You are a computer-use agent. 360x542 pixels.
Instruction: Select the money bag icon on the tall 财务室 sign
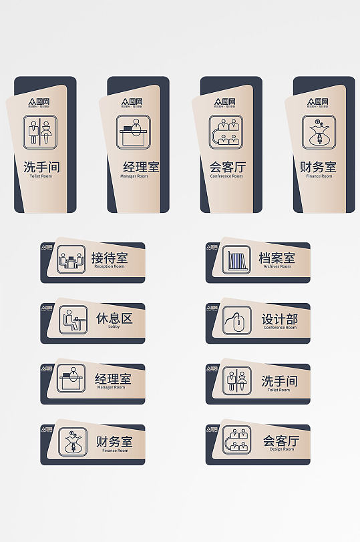(319, 131)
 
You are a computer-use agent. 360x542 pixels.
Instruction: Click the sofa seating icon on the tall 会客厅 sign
(226, 131)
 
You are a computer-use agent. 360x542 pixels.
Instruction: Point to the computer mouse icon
(236, 320)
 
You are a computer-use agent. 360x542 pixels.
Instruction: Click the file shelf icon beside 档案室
(236, 260)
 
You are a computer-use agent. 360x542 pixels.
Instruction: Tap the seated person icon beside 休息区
(73, 320)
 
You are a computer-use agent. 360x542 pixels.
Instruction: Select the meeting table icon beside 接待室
(71, 260)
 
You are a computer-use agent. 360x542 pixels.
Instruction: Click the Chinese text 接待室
(110, 258)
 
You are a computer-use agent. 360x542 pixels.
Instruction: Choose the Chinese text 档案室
(277, 258)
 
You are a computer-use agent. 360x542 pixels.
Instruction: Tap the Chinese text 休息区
(114, 318)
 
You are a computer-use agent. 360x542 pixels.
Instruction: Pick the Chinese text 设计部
(279, 319)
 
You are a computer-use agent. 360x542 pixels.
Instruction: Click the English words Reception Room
(110, 267)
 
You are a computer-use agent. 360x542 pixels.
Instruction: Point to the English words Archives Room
(277, 266)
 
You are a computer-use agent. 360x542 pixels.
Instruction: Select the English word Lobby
(114, 327)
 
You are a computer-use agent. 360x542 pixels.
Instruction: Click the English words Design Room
(279, 449)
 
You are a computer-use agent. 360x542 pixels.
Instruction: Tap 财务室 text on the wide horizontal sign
(114, 441)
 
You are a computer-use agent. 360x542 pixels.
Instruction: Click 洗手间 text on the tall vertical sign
(41, 167)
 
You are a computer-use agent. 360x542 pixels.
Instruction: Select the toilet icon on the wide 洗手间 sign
(236, 380)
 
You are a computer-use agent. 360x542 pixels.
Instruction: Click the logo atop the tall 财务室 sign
(319, 102)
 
